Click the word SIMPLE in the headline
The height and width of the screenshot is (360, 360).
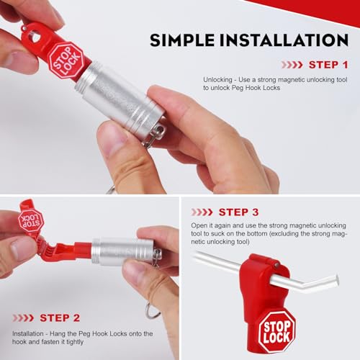point(182,40)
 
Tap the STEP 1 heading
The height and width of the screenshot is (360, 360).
point(328,65)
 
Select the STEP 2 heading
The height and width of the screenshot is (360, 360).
point(60,318)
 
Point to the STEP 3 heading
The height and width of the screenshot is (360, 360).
point(238,212)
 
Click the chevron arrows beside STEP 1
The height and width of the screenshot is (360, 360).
point(292,65)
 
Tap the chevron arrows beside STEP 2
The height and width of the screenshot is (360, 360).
point(23,318)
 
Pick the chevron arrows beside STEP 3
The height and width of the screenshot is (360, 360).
point(202,212)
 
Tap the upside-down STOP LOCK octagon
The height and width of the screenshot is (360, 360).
point(31,220)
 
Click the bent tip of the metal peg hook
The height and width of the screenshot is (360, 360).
point(336,280)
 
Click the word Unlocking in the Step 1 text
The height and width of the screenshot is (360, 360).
point(217,80)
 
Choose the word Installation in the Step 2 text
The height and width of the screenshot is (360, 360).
point(28,333)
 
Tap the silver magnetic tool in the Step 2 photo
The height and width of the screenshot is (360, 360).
point(125,252)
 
